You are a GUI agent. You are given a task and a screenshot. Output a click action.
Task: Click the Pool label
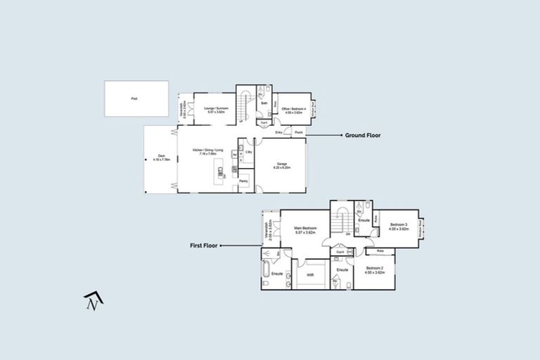[x=134, y=99]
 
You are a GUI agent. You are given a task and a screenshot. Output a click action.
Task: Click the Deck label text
[x=161, y=157]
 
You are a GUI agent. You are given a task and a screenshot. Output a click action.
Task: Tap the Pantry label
[x=243, y=181]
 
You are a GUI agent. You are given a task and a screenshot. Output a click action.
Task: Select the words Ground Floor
[x=362, y=135]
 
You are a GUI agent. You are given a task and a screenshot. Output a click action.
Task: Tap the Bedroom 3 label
[x=399, y=226]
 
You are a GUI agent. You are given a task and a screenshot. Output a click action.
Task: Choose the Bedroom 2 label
[x=375, y=271]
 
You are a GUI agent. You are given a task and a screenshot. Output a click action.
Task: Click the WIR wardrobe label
[x=310, y=274]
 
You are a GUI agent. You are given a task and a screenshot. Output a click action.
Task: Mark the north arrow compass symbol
[x=94, y=300]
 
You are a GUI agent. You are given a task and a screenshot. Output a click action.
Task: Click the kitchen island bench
[x=221, y=170]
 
